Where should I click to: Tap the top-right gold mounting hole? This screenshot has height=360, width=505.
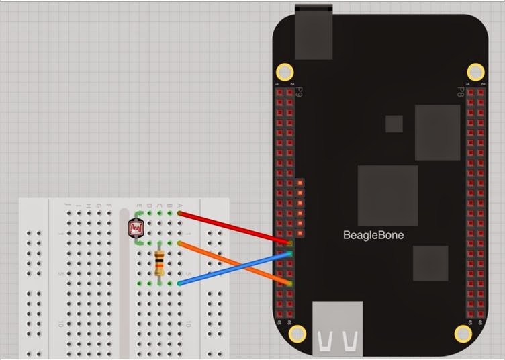click(475, 71)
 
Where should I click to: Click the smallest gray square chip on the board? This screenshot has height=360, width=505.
click(394, 124)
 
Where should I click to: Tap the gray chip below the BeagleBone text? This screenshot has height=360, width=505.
click(430, 263)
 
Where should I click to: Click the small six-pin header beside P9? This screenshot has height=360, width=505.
click(300, 208)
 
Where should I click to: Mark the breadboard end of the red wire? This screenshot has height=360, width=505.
click(180, 214)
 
